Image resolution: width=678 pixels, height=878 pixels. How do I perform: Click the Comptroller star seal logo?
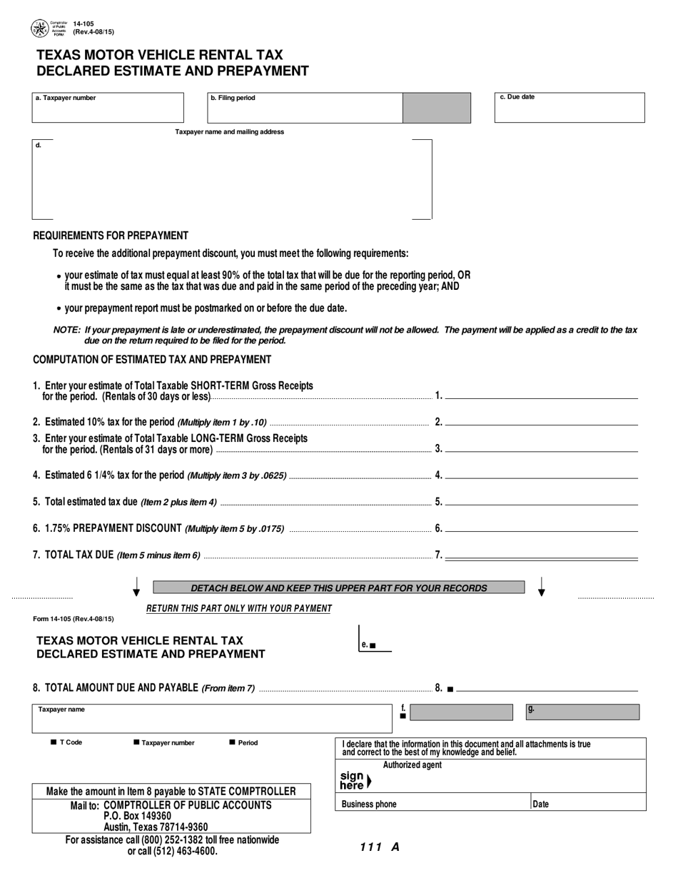[39, 29]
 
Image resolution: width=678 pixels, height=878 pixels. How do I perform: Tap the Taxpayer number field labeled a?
[108, 109]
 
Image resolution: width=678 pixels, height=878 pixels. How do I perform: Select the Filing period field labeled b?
[304, 109]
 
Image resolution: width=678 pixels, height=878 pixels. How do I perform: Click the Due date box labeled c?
[570, 109]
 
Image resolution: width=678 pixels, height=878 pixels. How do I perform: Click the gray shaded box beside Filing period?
[437, 108]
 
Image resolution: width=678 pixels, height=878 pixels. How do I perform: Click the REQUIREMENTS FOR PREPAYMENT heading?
[111, 236]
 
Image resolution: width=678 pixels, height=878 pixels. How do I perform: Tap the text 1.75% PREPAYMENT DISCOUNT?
[113, 528]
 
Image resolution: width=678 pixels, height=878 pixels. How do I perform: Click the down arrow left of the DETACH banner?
[136, 587]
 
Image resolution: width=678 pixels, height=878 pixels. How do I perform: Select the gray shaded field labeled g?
[582, 712]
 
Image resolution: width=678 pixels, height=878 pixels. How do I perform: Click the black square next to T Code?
[54, 742]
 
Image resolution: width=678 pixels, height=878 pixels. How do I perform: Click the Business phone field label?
[369, 804]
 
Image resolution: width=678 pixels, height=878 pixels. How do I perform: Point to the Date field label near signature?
[541, 804]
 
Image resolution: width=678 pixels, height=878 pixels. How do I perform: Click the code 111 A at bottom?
[379, 848]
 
